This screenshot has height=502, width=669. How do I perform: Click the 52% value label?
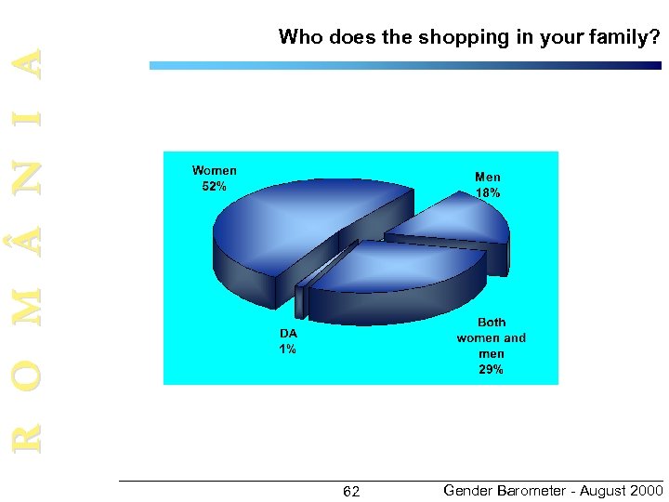[x=214, y=186]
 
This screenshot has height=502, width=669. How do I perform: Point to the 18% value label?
[x=488, y=192]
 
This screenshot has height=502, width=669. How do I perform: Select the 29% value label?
[x=491, y=369]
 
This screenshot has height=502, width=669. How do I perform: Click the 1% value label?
[x=288, y=349]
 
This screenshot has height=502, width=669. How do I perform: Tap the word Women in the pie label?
[x=215, y=170]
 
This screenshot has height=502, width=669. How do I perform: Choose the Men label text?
[x=488, y=177]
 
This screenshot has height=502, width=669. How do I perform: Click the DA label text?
[x=288, y=333]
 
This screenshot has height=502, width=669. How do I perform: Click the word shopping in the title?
[x=460, y=38]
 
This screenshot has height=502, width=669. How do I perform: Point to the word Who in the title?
[x=298, y=38]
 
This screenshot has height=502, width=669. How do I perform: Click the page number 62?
[x=351, y=491]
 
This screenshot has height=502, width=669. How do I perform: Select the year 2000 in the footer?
[x=646, y=490]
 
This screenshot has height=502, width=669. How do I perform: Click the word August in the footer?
[x=598, y=490]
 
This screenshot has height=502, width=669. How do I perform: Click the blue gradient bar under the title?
[x=405, y=66]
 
